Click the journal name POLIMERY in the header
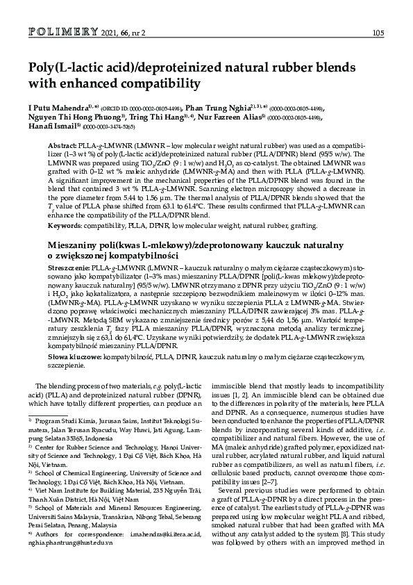coord(59,32)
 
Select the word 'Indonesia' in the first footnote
coord(95,439)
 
